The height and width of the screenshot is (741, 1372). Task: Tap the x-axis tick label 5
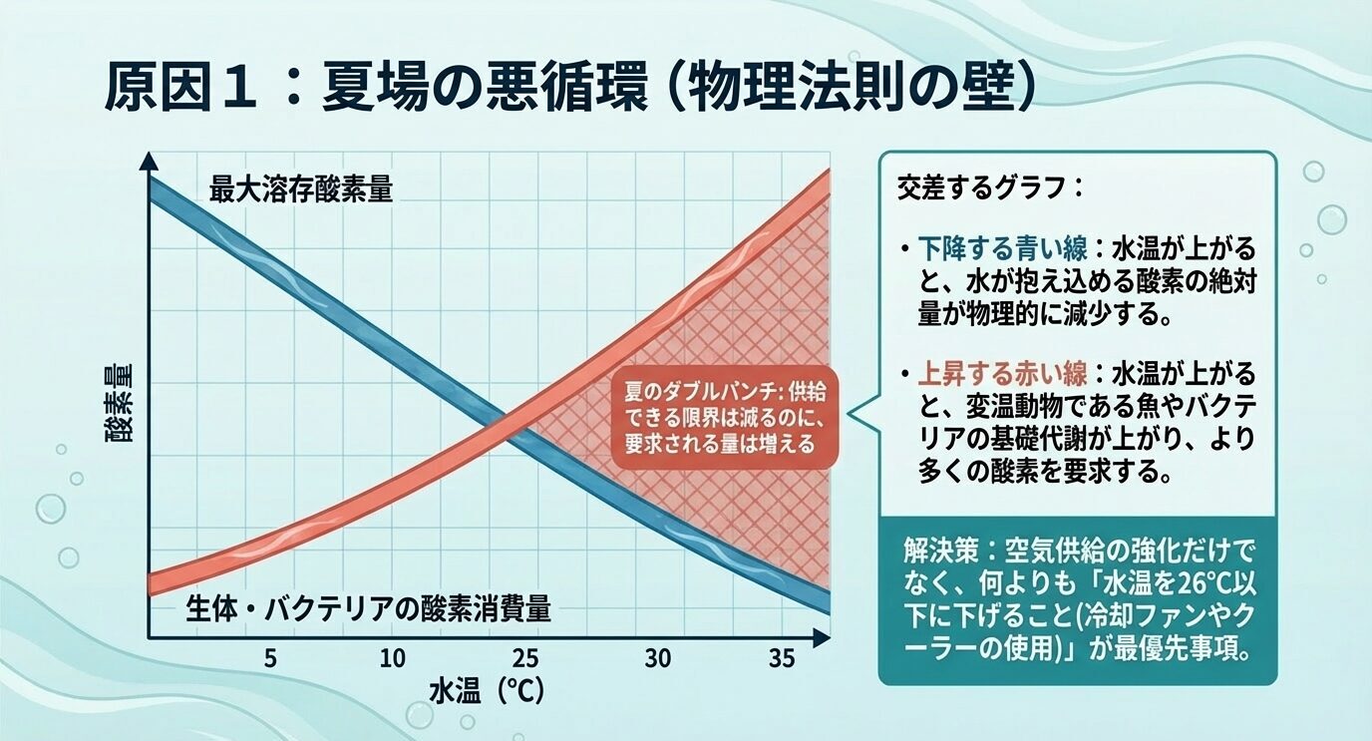click(269, 659)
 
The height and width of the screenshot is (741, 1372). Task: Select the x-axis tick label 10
click(393, 659)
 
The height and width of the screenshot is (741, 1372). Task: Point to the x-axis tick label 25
click(525, 659)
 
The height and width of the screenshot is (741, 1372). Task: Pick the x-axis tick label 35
click(782, 659)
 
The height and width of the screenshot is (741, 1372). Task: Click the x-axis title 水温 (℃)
click(489, 691)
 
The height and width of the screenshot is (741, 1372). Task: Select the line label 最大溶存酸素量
click(301, 189)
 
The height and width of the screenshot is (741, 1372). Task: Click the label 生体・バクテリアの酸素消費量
click(369, 607)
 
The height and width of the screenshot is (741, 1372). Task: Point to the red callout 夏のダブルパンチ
click(725, 416)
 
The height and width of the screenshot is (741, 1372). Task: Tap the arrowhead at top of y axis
click(149, 160)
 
